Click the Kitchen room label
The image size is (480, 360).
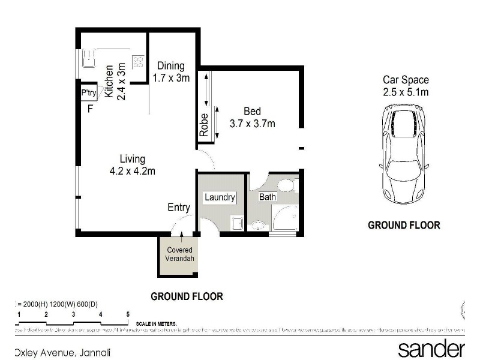pos(109,82)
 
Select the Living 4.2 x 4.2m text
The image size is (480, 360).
pos(132,165)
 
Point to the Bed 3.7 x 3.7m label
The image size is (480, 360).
pos(252,118)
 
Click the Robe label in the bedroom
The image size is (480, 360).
pos(204,125)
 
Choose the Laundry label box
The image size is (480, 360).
pos(220,197)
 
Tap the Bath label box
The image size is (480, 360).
pos(267,197)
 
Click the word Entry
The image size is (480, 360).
pos(179,208)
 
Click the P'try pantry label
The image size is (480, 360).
pos(89,94)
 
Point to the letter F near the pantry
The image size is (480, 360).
pos(90,109)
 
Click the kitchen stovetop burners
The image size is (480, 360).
pos(138,61)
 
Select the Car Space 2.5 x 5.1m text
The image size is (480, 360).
pos(406,86)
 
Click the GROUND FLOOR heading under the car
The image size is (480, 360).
pos(403,226)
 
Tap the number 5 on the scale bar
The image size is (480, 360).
pos(128,314)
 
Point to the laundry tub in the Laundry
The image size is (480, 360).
pos(237,223)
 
